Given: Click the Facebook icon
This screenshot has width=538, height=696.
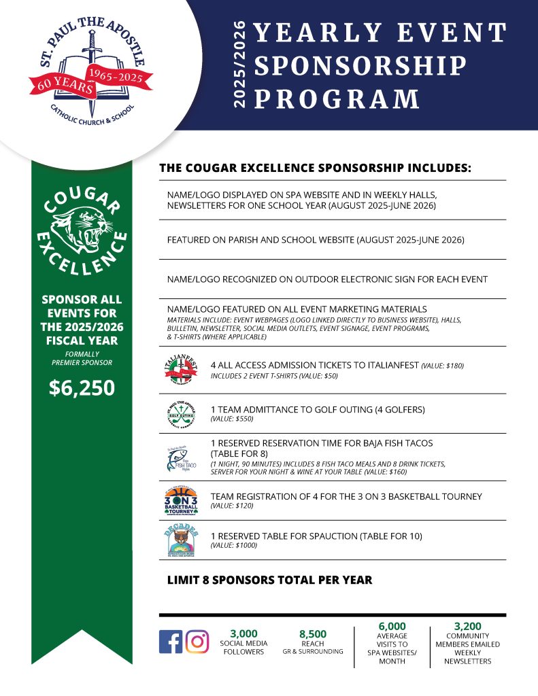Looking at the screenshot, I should coord(170,642).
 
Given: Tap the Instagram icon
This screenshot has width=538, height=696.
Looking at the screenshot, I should coord(197,642).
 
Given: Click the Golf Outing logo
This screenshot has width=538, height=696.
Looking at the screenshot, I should coord(179,413).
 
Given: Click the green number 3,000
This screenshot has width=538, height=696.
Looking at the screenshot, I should coord(243,633).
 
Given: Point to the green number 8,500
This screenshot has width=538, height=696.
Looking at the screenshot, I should coord(312,633).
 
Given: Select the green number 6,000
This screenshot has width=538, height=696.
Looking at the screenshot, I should coord(392,626).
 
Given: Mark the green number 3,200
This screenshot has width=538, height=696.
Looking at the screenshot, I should coord(467,626).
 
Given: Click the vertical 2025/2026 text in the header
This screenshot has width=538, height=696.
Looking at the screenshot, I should coord(239,65).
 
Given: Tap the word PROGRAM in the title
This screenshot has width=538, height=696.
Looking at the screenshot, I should coord(337,99).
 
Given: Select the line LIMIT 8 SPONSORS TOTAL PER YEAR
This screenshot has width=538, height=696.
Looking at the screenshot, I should coord(269,580).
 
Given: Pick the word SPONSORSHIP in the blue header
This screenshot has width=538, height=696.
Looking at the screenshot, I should coord(360,65).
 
